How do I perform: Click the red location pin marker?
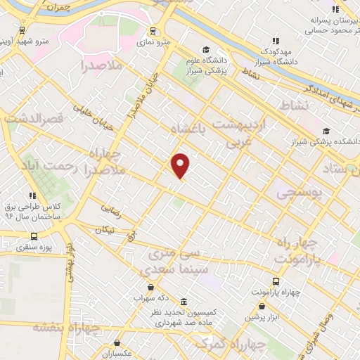[181, 165]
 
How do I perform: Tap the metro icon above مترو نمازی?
[153, 31]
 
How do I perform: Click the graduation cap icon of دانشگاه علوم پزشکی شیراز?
[206, 49]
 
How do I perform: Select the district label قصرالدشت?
[29, 119]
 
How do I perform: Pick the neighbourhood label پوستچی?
[300, 191]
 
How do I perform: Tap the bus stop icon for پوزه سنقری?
[34, 236]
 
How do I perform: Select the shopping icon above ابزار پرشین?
[262, 306]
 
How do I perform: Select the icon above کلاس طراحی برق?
[32, 195]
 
